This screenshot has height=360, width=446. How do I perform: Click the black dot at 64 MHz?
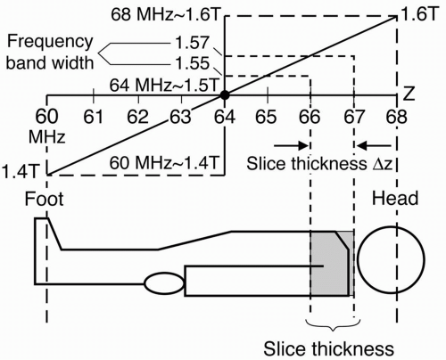225,95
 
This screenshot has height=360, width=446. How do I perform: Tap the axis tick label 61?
94,117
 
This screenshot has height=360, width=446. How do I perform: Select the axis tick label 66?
310,117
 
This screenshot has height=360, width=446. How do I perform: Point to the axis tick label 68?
396,117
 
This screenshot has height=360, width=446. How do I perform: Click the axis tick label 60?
46,117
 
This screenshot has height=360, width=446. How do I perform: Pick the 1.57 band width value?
192,43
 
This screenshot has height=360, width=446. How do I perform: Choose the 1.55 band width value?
192,63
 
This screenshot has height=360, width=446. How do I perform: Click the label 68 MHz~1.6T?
165,14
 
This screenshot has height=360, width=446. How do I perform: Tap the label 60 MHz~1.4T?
164,163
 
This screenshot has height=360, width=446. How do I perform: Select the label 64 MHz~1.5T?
164,86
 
